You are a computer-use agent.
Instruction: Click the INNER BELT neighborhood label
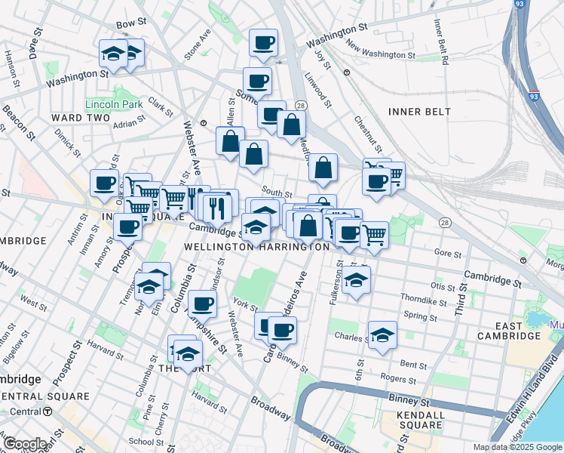click(x=419, y=112)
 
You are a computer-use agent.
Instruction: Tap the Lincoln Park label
click(x=114, y=103)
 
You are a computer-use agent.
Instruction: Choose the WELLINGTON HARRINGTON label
click(x=256, y=247)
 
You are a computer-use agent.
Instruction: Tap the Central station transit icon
click(x=48, y=411)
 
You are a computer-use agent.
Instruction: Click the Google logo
click(x=25, y=444)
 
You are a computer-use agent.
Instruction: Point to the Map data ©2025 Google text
click(x=516, y=447)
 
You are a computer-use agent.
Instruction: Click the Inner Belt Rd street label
click(x=440, y=45)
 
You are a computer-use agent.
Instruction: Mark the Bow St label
click(x=130, y=24)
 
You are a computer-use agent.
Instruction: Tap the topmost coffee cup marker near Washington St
click(x=263, y=42)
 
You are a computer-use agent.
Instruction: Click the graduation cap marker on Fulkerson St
click(x=356, y=280)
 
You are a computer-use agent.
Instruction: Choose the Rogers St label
click(x=393, y=377)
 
